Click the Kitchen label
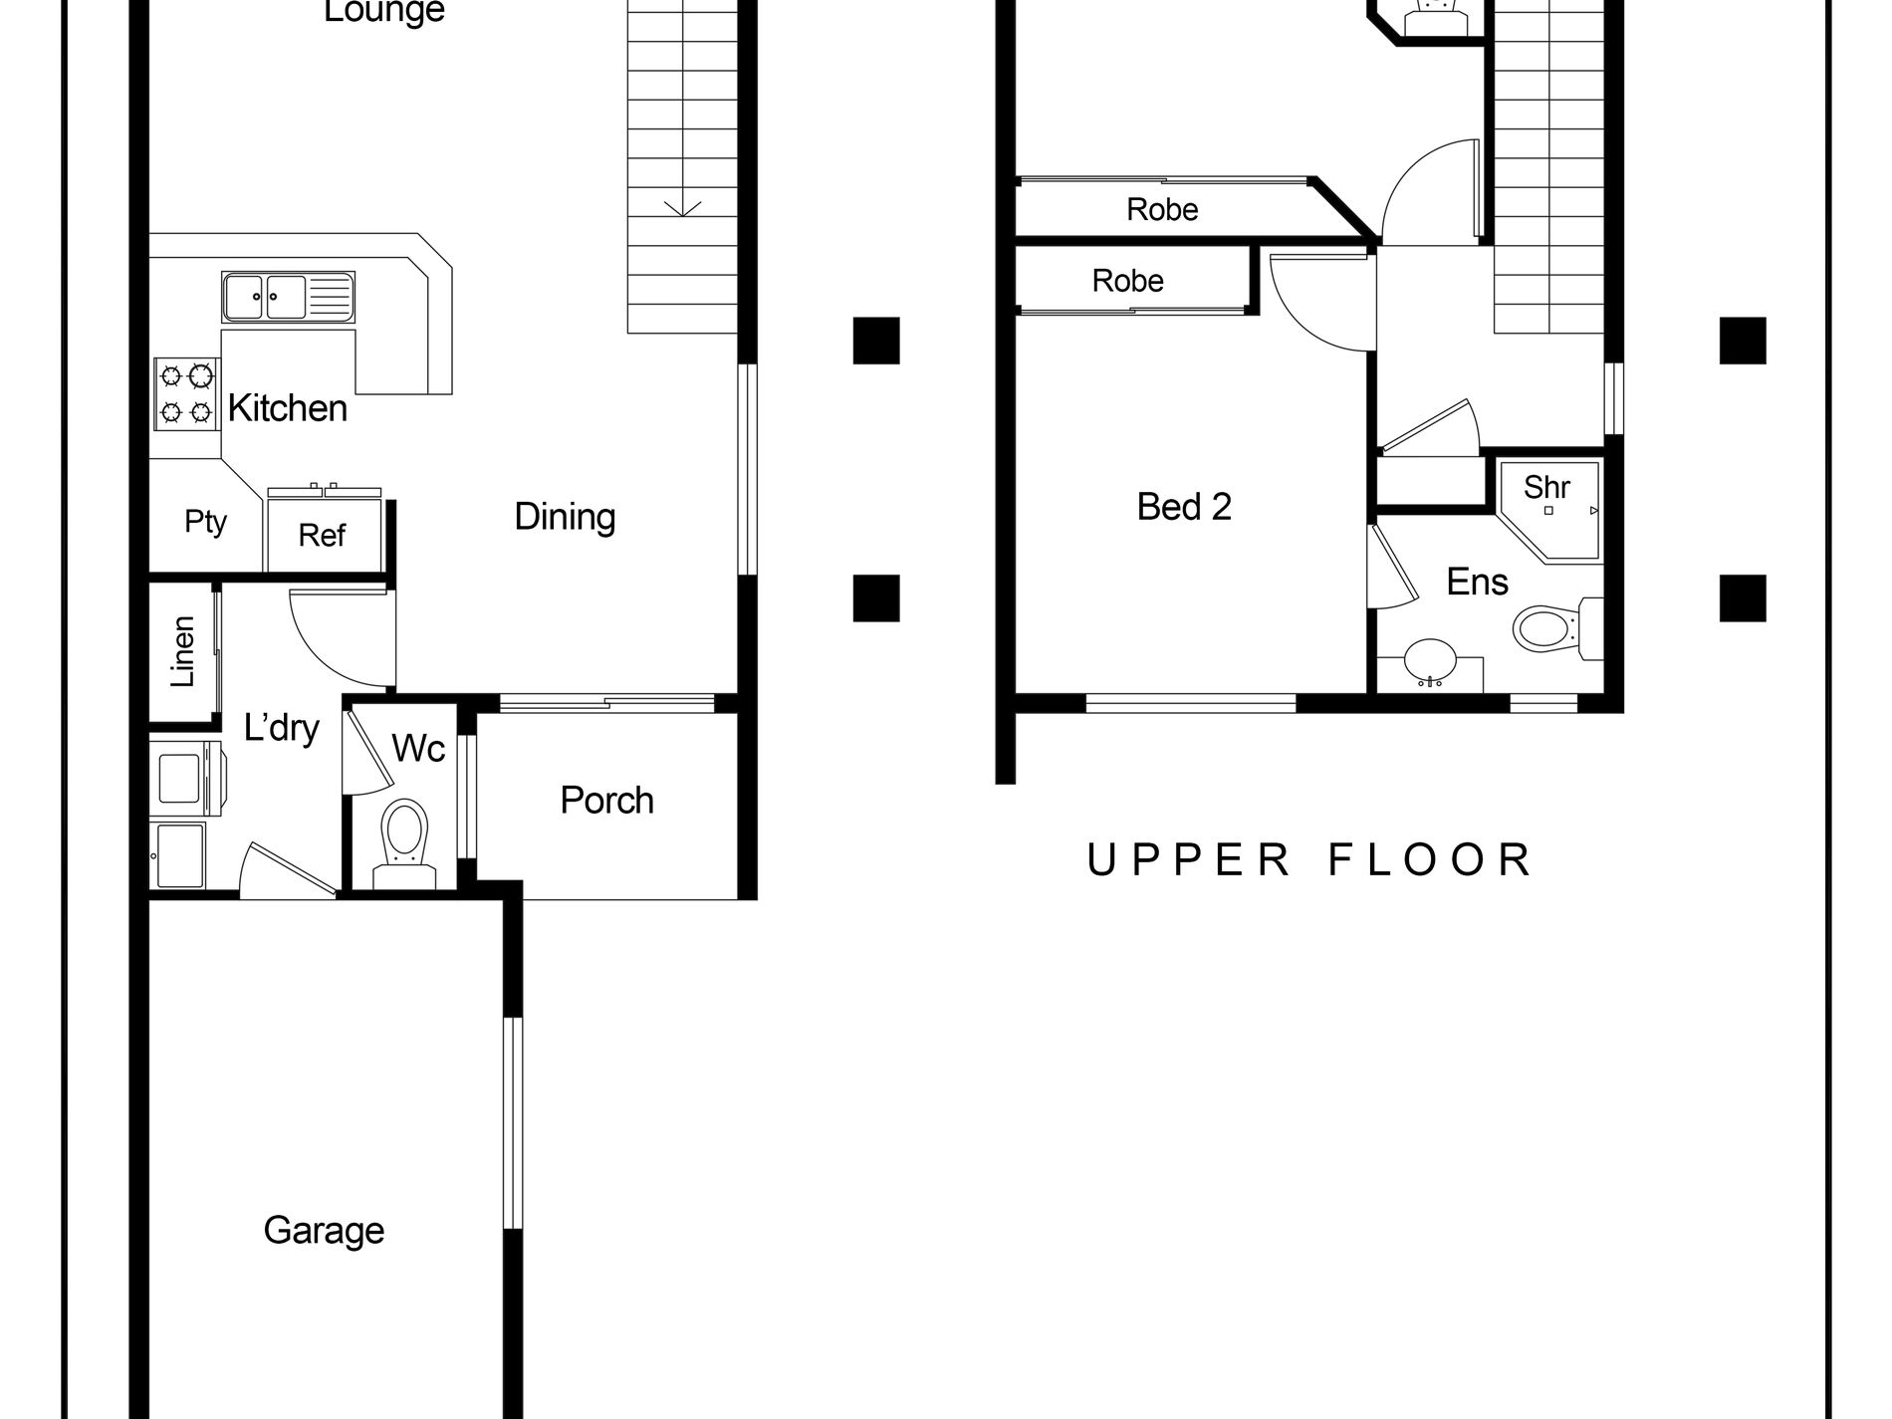tap(287, 408)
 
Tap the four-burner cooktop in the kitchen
tap(186, 393)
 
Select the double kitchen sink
tap(288, 297)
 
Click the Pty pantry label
tap(206, 521)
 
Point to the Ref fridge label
tap(322, 536)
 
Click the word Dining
tap(565, 517)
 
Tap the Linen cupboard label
tap(182, 652)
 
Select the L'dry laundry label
tap(282, 729)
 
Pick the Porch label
tap(606, 801)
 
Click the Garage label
tap(324, 1231)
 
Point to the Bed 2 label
tap(1184, 507)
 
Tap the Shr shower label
tap(1546, 487)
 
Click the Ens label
tap(1477, 582)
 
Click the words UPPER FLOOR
tap(1308, 860)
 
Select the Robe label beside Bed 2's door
tap(1127, 281)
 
